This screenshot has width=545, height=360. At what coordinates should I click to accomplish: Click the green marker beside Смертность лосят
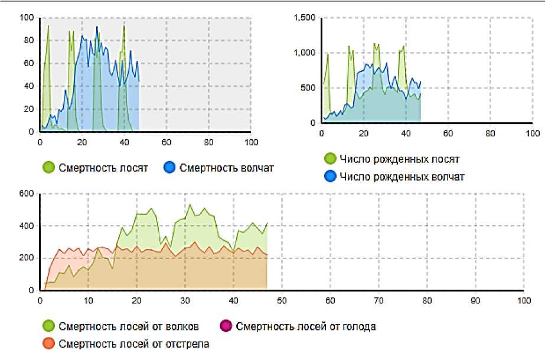(x=49, y=168)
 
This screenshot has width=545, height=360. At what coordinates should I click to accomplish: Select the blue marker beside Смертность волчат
(x=170, y=168)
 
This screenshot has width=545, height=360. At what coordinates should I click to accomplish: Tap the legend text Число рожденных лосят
(x=400, y=159)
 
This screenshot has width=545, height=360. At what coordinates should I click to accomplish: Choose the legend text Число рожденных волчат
(x=402, y=176)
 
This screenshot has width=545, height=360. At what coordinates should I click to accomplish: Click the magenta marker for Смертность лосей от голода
(x=227, y=326)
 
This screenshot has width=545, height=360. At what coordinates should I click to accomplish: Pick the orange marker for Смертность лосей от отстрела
(x=49, y=343)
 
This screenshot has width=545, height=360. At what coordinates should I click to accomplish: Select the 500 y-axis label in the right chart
(x=309, y=89)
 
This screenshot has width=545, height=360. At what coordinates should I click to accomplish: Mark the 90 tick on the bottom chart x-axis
(x=475, y=300)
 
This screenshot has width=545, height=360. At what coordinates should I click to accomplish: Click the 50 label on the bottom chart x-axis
(x=282, y=300)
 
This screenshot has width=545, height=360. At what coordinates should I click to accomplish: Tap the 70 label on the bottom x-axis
(x=378, y=300)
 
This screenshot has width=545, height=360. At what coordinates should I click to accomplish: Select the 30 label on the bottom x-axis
(x=185, y=300)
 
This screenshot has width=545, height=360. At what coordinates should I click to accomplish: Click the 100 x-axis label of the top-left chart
(x=250, y=142)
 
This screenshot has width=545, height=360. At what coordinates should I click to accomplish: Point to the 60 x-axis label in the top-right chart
(x=448, y=133)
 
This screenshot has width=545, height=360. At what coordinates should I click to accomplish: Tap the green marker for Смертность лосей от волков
(x=49, y=326)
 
